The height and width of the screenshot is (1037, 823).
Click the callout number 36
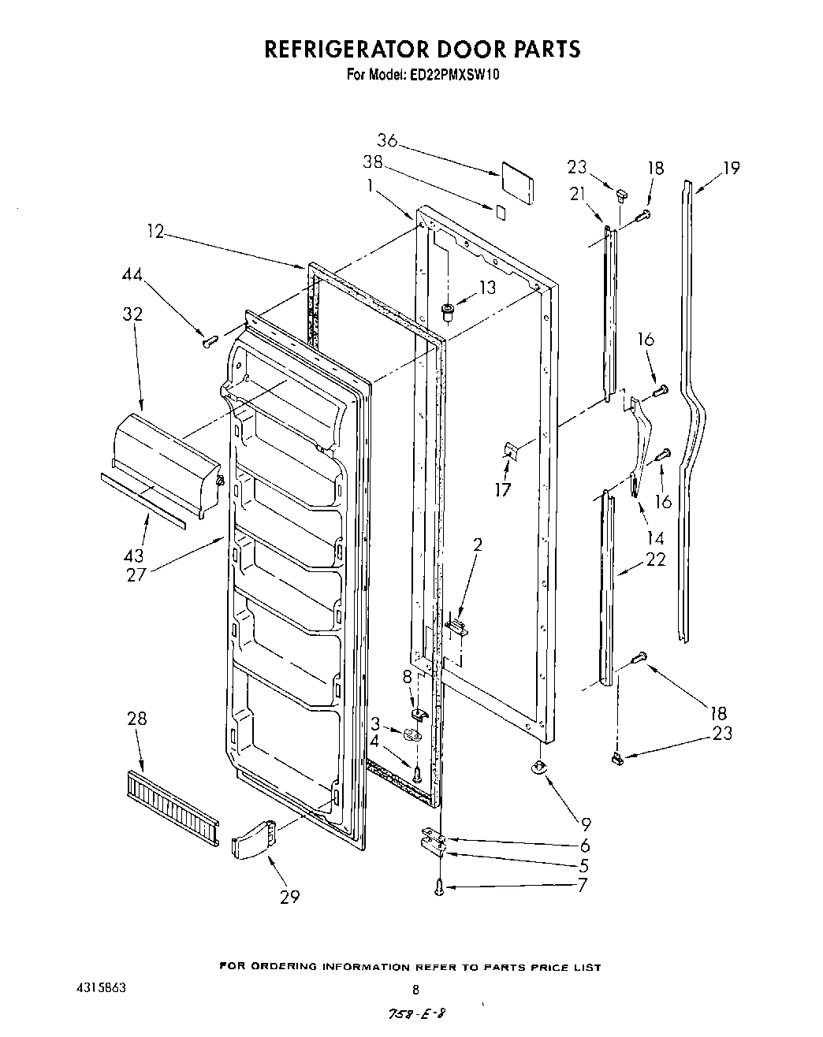tap(386, 141)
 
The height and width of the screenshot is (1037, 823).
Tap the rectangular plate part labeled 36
tap(517, 183)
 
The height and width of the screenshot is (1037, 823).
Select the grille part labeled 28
tap(172, 807)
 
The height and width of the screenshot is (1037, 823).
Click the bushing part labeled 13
tap(449, 312)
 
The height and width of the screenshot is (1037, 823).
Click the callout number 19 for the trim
tap(731, 168)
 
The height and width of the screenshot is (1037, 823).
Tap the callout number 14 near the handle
tap(654, 539)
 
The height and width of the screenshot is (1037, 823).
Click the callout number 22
tap(655, 559)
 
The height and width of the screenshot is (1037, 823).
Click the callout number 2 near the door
tap(478, 544)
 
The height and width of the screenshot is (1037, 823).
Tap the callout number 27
tap(136, 574)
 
